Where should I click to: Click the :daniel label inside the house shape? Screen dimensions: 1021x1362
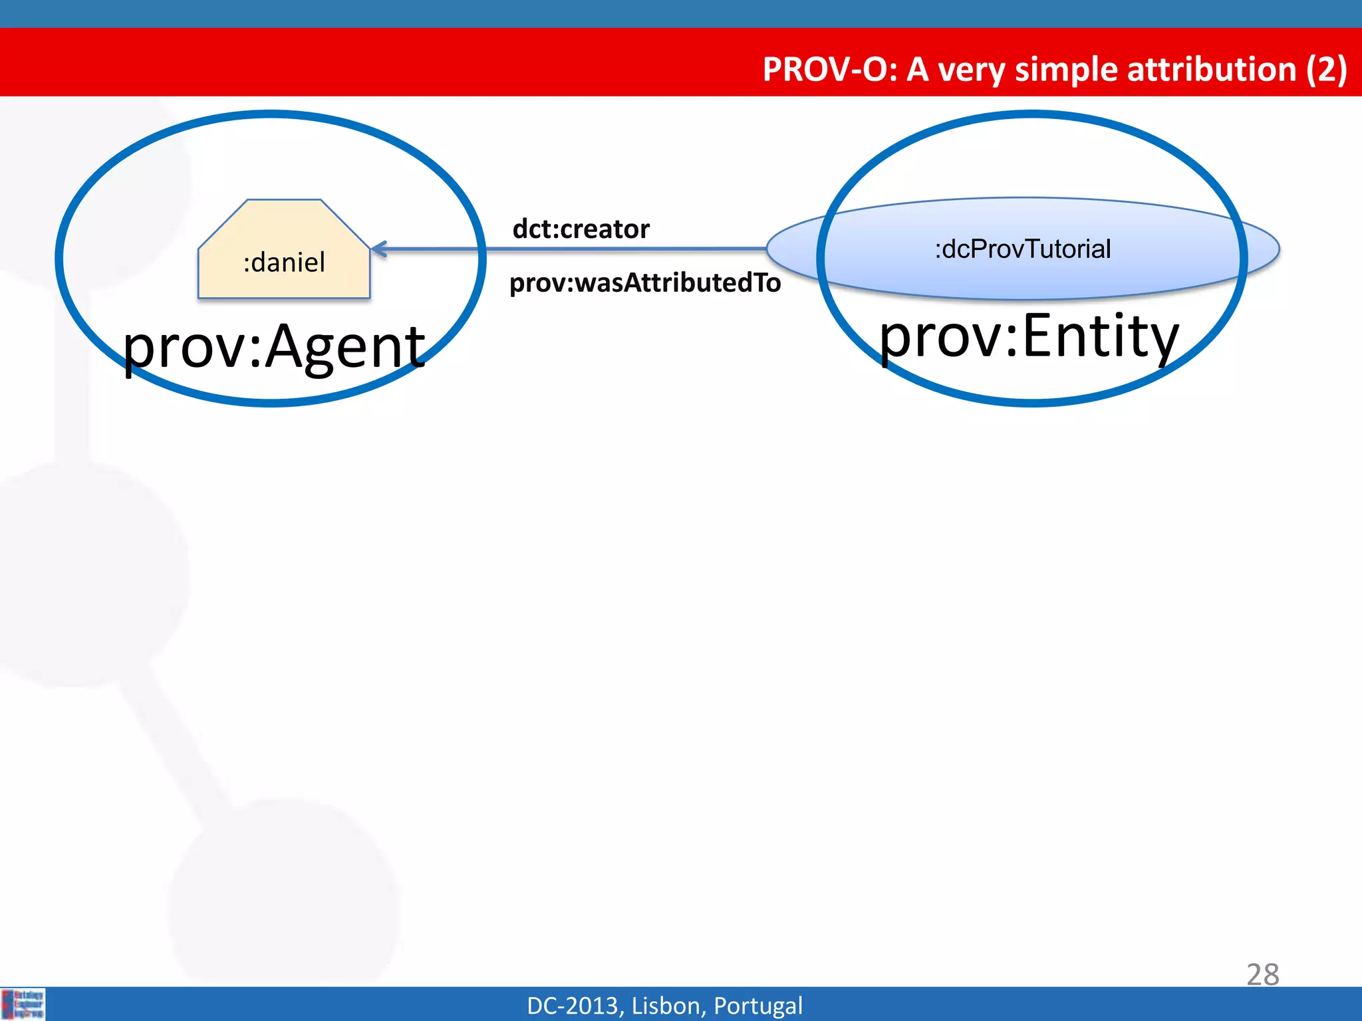(284, 263)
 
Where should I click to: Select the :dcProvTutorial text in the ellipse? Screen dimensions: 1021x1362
(1023, 249)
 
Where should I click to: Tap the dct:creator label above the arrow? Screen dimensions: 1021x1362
(581, 229)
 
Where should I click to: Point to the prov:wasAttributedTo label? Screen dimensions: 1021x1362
(644, 283)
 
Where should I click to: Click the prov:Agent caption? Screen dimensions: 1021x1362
(273, 346)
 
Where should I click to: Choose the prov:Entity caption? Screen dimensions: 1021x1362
(1029, 336)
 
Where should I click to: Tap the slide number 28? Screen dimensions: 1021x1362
(1262, 974)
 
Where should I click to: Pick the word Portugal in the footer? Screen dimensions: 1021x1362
(757, 1006)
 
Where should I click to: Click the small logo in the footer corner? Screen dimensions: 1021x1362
(23, 1004)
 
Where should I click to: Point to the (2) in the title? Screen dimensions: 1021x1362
(1326, 69)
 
